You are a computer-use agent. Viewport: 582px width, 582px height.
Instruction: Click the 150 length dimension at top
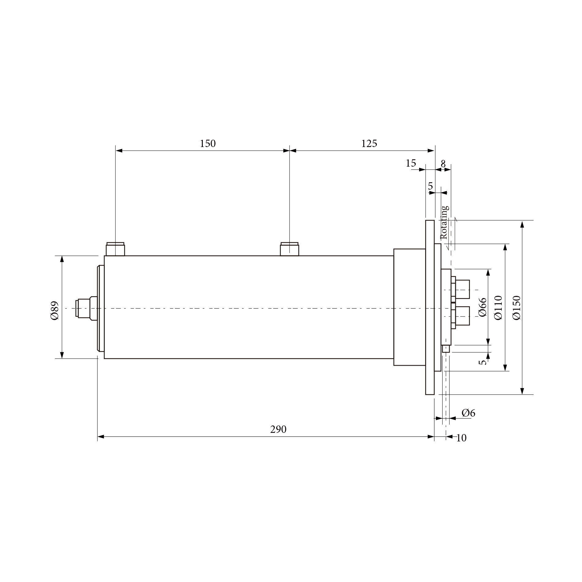point(208,144)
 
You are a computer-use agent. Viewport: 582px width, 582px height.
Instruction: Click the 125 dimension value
point(369,144)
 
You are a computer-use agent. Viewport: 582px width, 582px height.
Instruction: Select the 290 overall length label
point(278,430)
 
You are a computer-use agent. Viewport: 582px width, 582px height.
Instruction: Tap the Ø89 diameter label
point(55,311)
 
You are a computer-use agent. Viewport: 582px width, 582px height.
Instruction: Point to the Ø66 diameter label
point(482,307)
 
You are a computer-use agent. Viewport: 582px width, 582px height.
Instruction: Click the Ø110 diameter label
point(498,308)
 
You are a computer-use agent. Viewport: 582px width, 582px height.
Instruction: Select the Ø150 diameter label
point(516,308)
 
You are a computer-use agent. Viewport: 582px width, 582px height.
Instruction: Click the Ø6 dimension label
point(468,413)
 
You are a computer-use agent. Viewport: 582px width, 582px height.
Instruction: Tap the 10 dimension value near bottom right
point(461,438)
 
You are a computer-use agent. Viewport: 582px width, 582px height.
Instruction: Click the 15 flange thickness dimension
point(411,164)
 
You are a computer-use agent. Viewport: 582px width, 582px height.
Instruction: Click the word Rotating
point(444,222)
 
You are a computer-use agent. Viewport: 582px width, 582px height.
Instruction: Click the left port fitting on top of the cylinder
point(115,249)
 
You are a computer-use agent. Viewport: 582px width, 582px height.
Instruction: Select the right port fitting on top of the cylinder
point(289,249)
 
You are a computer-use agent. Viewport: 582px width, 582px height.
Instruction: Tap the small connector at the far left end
point(83,308)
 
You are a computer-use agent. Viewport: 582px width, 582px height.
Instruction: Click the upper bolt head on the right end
point(462,289)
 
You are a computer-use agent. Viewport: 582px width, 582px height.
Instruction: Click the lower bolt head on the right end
point(462,316)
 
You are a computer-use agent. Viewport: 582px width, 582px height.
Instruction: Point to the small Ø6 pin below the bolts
point(446,349)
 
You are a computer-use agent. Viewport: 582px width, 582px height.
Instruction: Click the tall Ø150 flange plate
point(430,307)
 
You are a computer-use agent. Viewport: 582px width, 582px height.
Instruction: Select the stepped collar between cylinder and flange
point(409,307)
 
